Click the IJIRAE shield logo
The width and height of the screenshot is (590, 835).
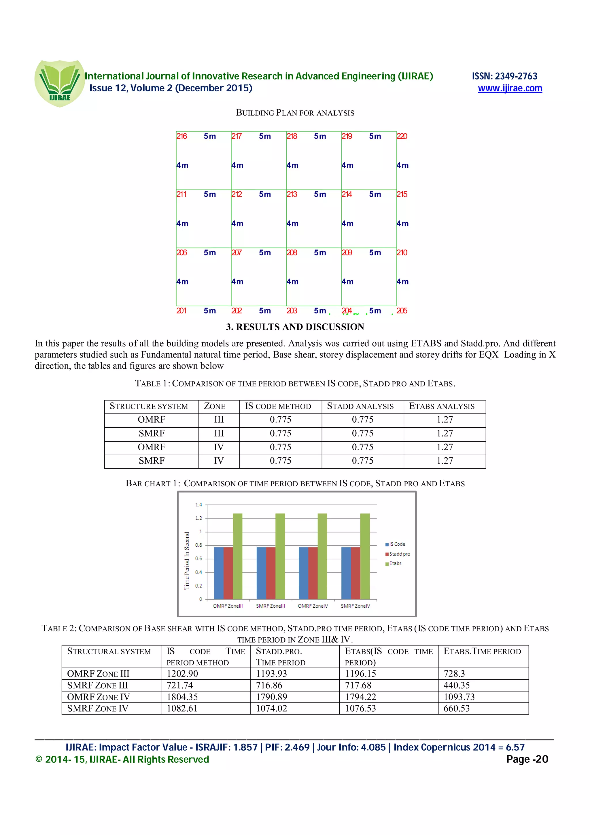tap(60, 83)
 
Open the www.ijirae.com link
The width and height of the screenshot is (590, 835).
tap(510, 88)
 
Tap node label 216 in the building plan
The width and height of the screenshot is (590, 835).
tap(181, 136)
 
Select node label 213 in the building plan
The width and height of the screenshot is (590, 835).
tap(292, 194)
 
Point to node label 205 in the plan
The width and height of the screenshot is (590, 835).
tap(402, 311)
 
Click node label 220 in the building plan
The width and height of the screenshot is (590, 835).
tap(402, 136)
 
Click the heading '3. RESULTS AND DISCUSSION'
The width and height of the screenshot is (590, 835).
tap(295, 327)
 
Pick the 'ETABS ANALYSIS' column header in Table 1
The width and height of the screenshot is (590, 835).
tap(442, 406)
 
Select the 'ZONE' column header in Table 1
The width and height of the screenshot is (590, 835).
tap(214, 406)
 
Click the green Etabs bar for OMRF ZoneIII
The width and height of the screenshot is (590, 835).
tap(237, 556)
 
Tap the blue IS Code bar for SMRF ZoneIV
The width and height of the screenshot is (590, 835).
tap(346, 573)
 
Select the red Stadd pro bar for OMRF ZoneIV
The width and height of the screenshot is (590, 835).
tap(313, 573)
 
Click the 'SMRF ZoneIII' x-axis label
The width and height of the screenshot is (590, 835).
tap(270, 606)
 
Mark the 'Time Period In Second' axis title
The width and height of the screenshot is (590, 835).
tap(187, 561)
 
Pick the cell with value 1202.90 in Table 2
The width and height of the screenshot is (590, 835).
tap(182, 674)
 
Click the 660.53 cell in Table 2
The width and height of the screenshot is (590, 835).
tap(457, 709)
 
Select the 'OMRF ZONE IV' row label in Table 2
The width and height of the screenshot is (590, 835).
tap(99, 697)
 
